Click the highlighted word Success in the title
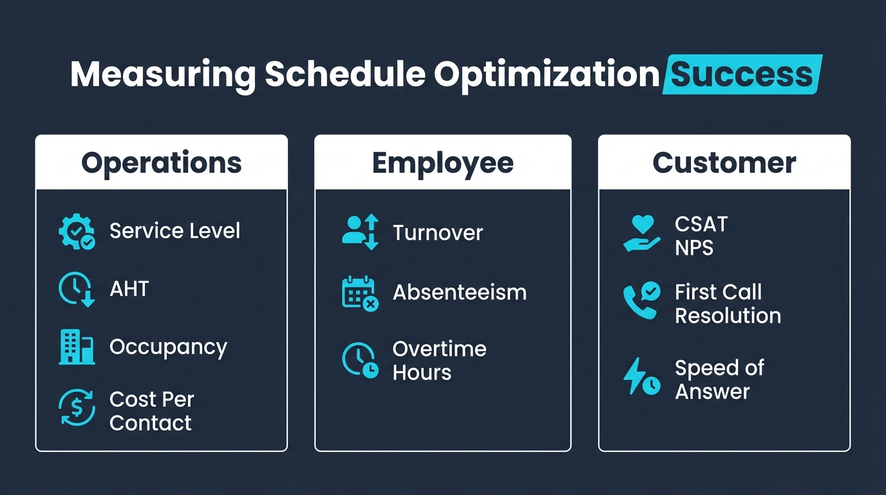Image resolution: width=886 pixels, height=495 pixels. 742,75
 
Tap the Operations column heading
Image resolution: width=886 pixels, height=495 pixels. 161,163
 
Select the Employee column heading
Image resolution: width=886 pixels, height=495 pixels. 442,163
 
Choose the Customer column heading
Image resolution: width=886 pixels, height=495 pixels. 724,163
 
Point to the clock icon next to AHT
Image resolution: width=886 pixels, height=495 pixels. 77,289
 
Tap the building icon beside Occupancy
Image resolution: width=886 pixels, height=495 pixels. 77,347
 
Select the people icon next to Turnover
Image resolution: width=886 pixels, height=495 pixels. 360,232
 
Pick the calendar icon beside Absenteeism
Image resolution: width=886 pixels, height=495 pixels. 359,293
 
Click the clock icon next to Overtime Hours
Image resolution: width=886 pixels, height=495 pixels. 360,360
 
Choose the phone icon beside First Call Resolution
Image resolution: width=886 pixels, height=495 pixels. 641,300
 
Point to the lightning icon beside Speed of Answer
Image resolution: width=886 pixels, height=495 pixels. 641,377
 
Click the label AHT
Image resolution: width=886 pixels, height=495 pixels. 129,289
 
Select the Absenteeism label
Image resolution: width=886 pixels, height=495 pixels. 459,293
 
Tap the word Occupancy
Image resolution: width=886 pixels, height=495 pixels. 168,347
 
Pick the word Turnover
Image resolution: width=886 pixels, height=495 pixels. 437,233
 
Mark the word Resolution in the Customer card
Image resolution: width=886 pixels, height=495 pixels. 728,316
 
